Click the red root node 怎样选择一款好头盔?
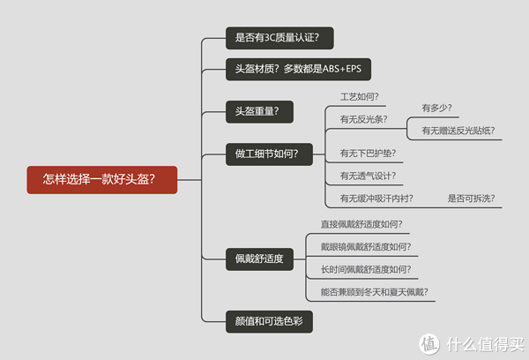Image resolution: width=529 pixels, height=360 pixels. click(x=101, y=179)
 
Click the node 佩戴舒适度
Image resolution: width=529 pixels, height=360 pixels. click(x=258, y=259)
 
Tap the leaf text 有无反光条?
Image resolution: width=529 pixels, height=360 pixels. click(x=363, y=118)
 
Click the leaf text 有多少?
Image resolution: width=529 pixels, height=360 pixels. click(x=436, y=109)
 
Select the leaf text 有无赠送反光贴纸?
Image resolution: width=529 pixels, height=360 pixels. click(x=454, y=131)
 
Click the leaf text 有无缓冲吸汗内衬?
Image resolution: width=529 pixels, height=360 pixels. click(x=376, y=199)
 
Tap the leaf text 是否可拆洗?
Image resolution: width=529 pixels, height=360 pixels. click(x=471, y=199)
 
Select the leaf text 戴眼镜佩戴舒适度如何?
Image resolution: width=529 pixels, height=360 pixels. click(x=365, y=247)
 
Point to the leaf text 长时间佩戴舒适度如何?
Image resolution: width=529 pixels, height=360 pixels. click(x=365, y=270)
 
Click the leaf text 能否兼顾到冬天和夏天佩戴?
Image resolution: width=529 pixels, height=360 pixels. click(x=373, y=292)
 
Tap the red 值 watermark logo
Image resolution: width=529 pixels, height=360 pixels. click(x=429, y=342)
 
